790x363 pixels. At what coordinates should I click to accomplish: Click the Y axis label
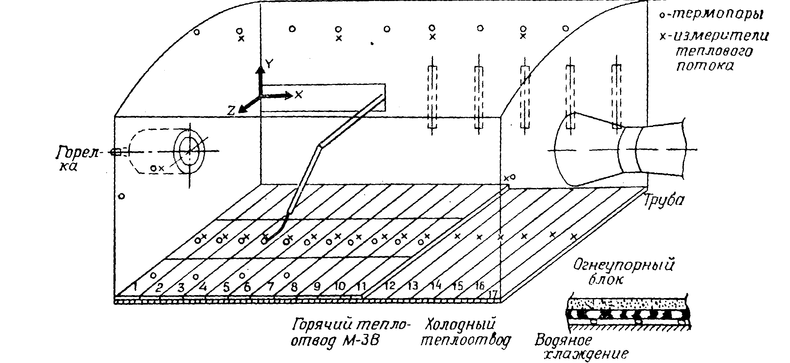click(269, 64)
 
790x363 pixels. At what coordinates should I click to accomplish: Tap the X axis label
click(298, 95)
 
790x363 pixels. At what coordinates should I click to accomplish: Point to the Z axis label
click(231, 111)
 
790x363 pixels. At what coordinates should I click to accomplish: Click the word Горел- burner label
click(78, 152)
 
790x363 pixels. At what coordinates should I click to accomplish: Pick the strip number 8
click(294, 287)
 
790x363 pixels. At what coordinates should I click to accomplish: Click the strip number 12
click(389, 286)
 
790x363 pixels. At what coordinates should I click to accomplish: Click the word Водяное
click(563, 340)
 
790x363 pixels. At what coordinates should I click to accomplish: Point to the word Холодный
click(461, 325)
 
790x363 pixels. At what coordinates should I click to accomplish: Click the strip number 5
click(226, 288)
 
